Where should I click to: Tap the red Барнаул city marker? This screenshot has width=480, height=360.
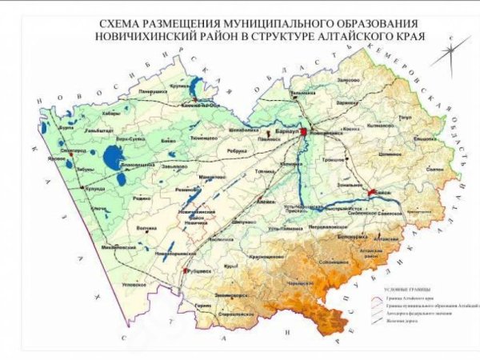coord(303,133)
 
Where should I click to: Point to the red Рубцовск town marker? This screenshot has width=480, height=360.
coord(186,273)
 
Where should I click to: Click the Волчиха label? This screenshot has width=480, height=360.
coord(146,228)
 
